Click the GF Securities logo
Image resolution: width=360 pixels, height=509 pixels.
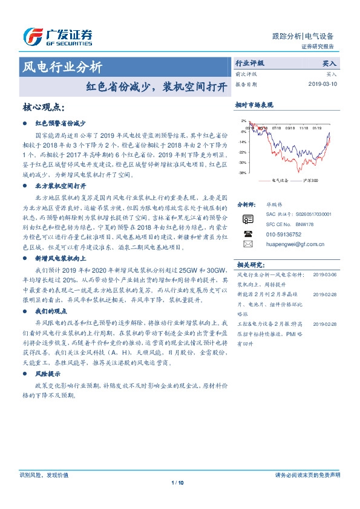[x=57, y=37]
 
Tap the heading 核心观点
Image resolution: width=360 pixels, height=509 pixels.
[x=43, y=107]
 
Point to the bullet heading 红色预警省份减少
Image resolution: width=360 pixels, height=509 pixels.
[x=61, y=122]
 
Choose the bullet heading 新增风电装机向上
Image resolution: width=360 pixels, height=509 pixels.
[x=61, y=258]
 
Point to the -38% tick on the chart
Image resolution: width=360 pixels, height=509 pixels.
[x=242, y=173]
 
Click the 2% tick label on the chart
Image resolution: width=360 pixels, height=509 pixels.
[x=243, y=121]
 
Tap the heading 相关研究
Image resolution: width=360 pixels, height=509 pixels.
[x=250, y=264]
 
